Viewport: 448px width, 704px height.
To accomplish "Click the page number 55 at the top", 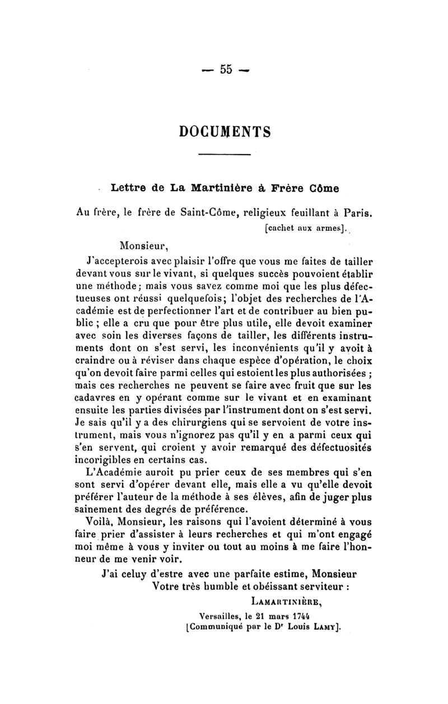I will (x=226, y=69).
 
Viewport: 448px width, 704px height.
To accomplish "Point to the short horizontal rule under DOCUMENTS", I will (x=225, y=155).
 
